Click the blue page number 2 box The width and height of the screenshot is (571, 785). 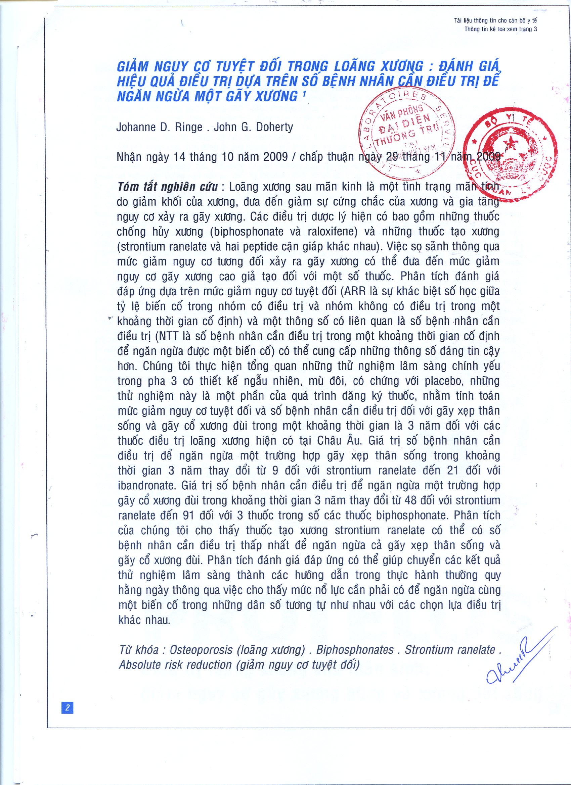[x=67, y=707]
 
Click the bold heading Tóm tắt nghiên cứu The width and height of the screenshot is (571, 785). [x=167, y=187]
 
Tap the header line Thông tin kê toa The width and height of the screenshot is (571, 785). [x=500, y=29]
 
